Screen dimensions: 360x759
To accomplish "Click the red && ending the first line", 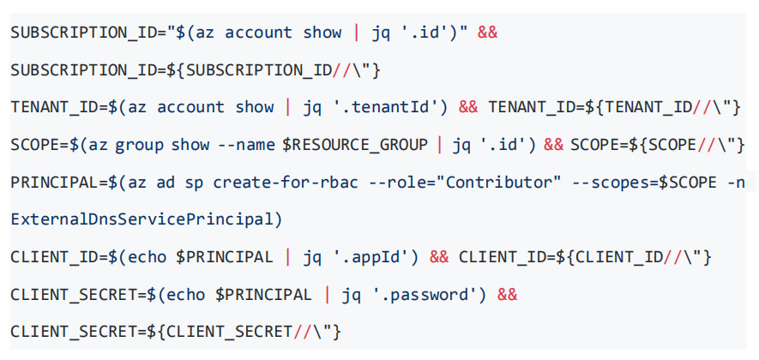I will point(487,33).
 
